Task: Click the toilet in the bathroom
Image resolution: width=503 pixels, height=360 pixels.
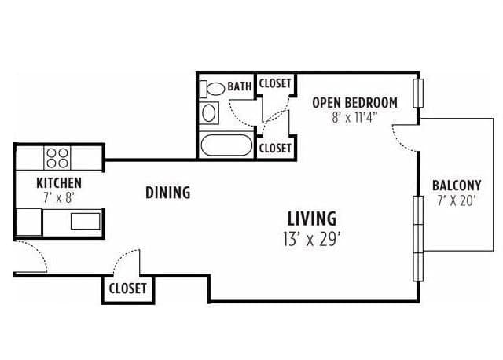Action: pyautogui.click(x=212, y=89)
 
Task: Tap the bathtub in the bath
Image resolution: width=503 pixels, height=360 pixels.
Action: pyautogui.click(x=226, y=145)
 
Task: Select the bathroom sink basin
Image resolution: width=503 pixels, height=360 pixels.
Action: pyautogui.click(x=209, y=113)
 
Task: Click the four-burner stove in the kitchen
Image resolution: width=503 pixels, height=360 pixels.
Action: pyautogui.click(x=57, y=158)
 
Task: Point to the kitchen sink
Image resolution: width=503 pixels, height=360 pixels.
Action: pyautogui.click(x=86, y=222)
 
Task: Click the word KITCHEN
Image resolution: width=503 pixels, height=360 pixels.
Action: pyautogui.click(x=59, y=183)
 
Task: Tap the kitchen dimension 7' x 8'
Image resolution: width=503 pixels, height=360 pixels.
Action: pyautogui.click(x=59, y=198)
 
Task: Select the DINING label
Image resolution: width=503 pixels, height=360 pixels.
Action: pyautogui.click(x=167, y=193)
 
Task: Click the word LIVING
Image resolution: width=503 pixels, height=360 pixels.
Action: pyautogui.click(x=312, y=219)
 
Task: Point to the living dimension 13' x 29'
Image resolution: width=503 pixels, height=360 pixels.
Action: pyautogui.click(x=311, y=239)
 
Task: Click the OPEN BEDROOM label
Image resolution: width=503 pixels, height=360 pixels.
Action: pyautogui.click(x=354, y=103)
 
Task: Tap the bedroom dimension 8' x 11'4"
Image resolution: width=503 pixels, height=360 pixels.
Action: pyautogui.click(x=354, y=118)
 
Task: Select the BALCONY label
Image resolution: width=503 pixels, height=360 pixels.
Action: pyautogui.click(x=457, y=186)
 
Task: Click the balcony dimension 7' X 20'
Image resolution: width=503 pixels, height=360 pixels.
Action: pyautogui.click(x=456, y=201)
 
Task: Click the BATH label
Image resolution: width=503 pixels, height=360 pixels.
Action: pyautogui.click(x=239, y=86)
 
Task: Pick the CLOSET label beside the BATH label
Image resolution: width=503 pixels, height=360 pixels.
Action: pyautogui.click(x=275, y=83)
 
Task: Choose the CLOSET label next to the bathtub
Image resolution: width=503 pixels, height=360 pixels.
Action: pyautogui.click(x=275, y=149)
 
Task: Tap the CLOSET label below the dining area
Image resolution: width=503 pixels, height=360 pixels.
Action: pyautogui.click(x=127, y=288)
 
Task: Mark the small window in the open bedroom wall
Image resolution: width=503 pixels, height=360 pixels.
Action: pyautogui.click(x=418, y=93)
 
